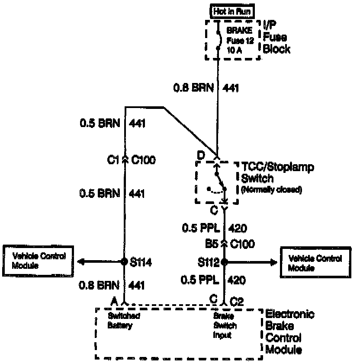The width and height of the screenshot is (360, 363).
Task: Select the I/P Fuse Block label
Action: click(276, 38)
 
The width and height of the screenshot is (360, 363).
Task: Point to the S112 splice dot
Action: click(224, 262)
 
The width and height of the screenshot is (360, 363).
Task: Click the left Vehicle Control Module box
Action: click(39, 261)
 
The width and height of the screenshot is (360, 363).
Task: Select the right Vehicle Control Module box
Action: click(315, 262)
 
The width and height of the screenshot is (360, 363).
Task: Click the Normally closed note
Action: click(271, 190)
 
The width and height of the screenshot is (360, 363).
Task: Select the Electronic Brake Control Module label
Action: click(289, 331)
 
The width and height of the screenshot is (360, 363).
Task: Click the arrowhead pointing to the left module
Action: click(81, 262)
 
